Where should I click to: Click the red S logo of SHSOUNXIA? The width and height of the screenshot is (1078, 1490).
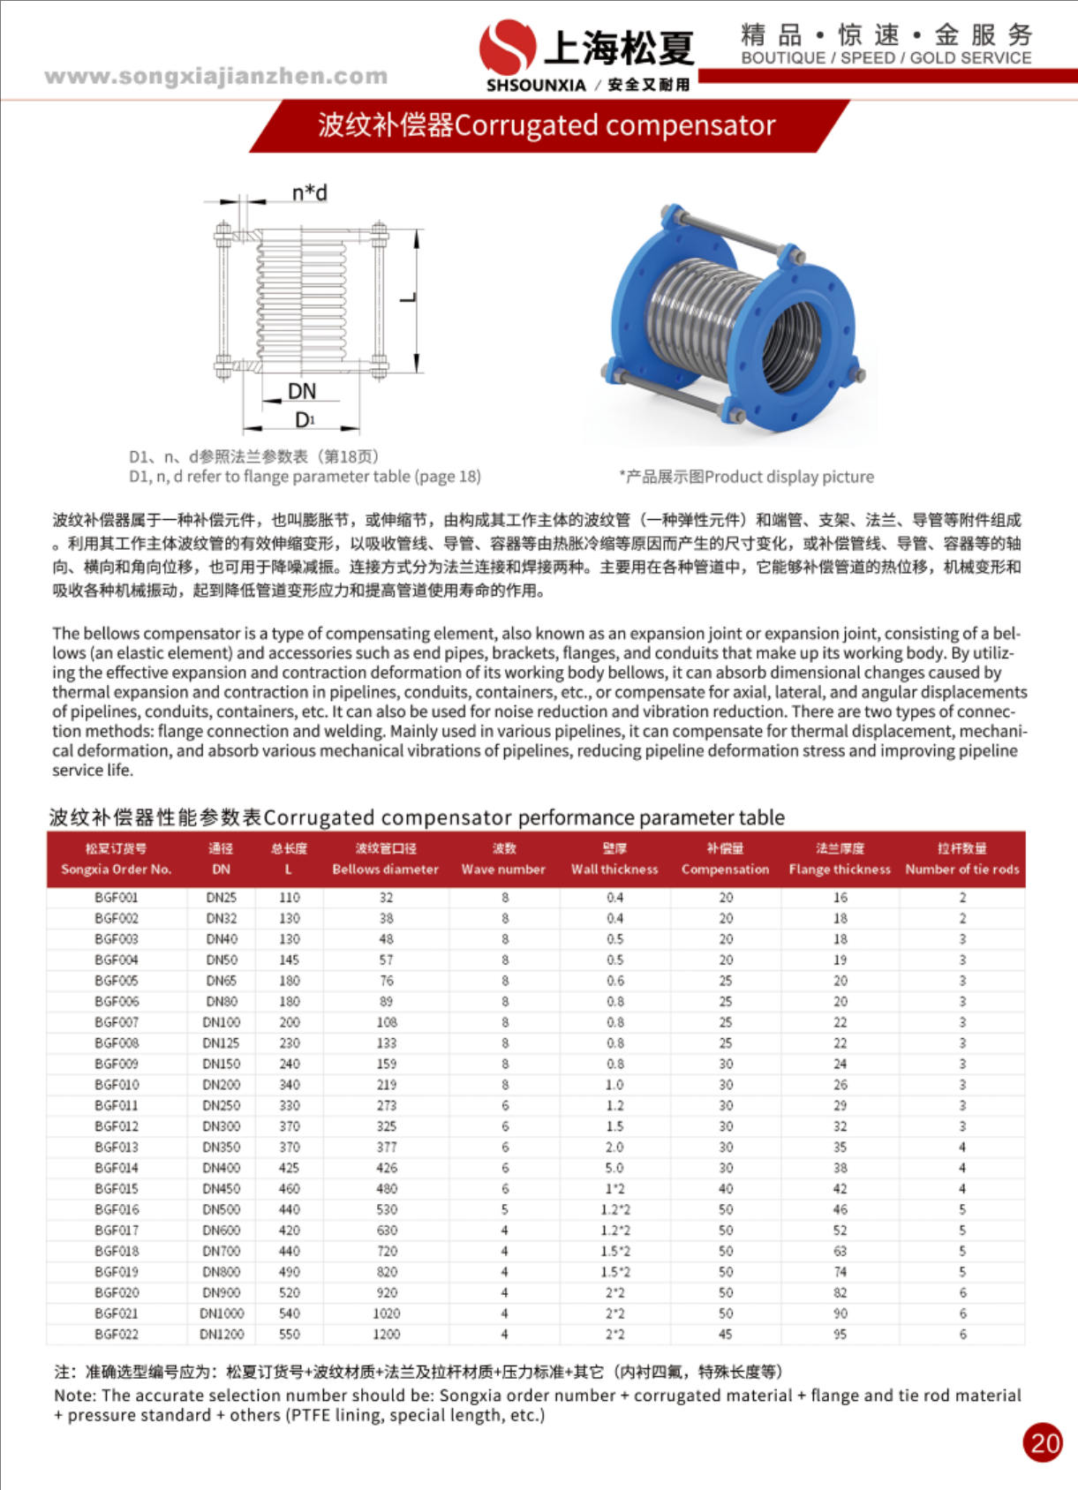[507, 46]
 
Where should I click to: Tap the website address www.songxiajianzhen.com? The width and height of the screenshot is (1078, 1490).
[216, 76]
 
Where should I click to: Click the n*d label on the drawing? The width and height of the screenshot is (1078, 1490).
[310, 192]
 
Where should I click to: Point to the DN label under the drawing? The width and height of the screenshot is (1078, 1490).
[302, 391]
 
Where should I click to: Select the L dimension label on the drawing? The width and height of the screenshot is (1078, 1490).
[408, 296]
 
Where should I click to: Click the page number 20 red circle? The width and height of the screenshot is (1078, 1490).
[1043, 1443]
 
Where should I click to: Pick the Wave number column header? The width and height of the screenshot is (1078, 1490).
[503, 869]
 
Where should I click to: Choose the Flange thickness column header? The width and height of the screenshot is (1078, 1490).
[840, 869]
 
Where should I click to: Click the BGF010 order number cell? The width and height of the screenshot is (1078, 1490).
[117, 1085]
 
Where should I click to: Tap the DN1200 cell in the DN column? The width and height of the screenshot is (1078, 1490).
[222, 1335]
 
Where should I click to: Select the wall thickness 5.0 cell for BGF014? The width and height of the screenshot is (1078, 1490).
[614, 1168]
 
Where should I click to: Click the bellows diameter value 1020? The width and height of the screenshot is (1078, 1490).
[386, 1313]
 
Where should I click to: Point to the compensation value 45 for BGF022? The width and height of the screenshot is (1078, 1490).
[726, 1335]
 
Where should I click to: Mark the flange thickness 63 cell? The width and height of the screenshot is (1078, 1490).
[840, 1251]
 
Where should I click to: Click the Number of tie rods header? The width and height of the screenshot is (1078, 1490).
[962, 869]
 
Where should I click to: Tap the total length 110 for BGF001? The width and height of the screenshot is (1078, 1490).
[290, 898]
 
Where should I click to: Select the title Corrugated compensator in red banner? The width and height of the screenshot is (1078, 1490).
[547, 125]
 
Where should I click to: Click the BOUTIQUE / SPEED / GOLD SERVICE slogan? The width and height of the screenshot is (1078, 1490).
[886, 58]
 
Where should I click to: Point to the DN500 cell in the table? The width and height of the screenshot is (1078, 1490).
[222, 1209]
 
